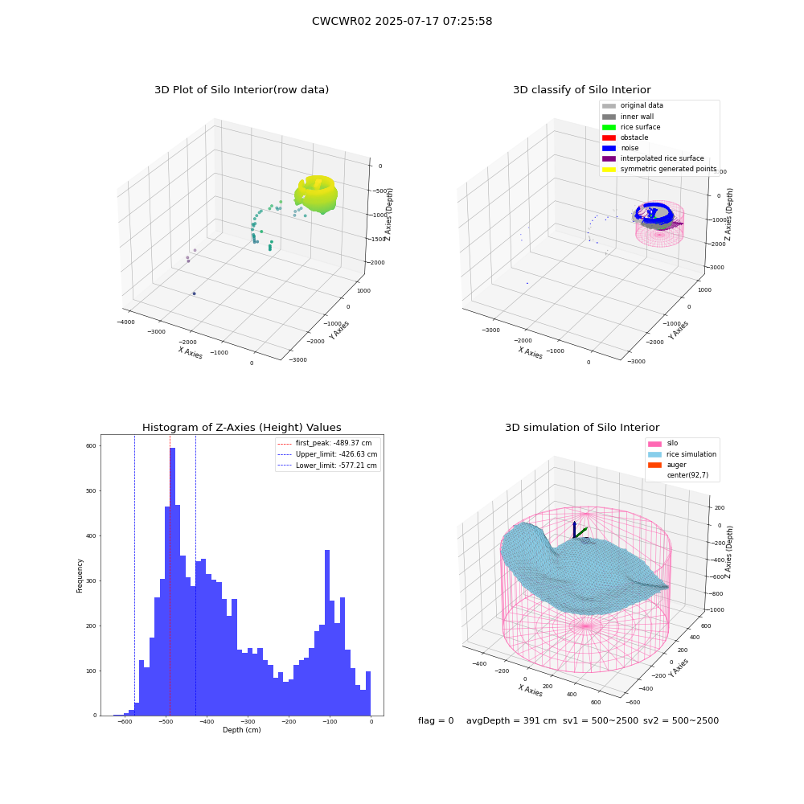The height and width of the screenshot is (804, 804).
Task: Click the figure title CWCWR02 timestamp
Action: [x=402, y=22]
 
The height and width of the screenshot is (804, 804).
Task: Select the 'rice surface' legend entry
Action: [x=631, y=127]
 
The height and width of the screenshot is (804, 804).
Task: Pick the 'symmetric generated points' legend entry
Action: [x=659, y=169]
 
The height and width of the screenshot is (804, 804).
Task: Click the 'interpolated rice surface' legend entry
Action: [x=653, y=158]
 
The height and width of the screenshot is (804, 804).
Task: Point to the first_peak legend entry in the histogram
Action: [x=325, y=443]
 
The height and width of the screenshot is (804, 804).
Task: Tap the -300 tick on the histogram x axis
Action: [x=248, y=722]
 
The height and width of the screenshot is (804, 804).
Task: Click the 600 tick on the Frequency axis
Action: [x=91, y=446]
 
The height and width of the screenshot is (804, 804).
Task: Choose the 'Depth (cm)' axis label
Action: [x=241, y=730]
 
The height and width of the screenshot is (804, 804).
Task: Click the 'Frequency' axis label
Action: [x=80, y=576]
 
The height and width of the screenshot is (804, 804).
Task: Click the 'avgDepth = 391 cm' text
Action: [x=511, y=721]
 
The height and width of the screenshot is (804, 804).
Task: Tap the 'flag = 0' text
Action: [x=436, y=721]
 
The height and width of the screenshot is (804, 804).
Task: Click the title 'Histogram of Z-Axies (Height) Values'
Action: [x=241, y=428]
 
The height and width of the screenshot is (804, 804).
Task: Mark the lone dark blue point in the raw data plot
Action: [x=195, y=293]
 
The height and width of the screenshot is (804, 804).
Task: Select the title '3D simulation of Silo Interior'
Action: [x=582, y=428]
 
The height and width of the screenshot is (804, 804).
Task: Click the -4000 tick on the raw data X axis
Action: [x=126, y=322]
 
